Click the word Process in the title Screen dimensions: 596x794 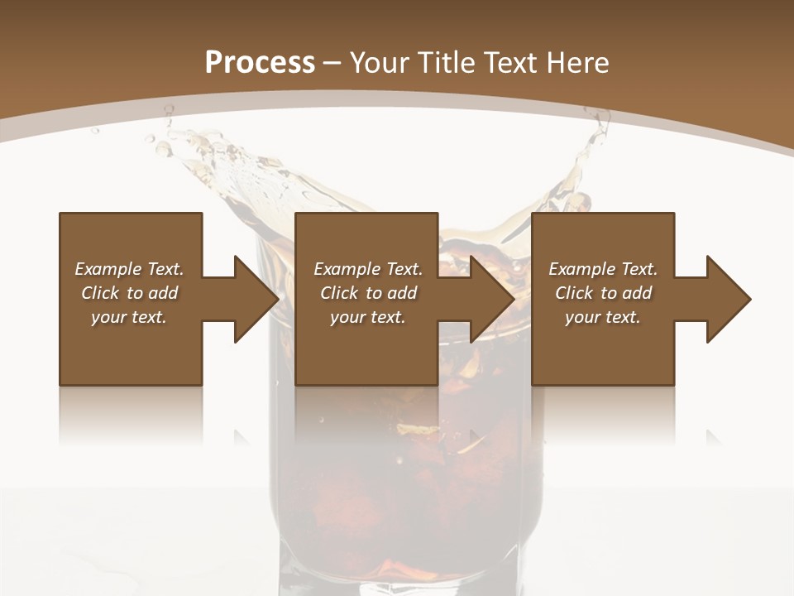(x=260, y=63)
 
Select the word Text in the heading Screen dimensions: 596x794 (x=511, y=63)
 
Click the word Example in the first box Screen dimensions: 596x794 (x=108, y=269)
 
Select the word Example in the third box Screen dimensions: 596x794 (x=581, y=269)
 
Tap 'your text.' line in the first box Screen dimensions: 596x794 (x=129, y=317)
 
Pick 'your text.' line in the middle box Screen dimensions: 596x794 (x=367, y=317)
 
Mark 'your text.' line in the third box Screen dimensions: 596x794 (x=602, y=317)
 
